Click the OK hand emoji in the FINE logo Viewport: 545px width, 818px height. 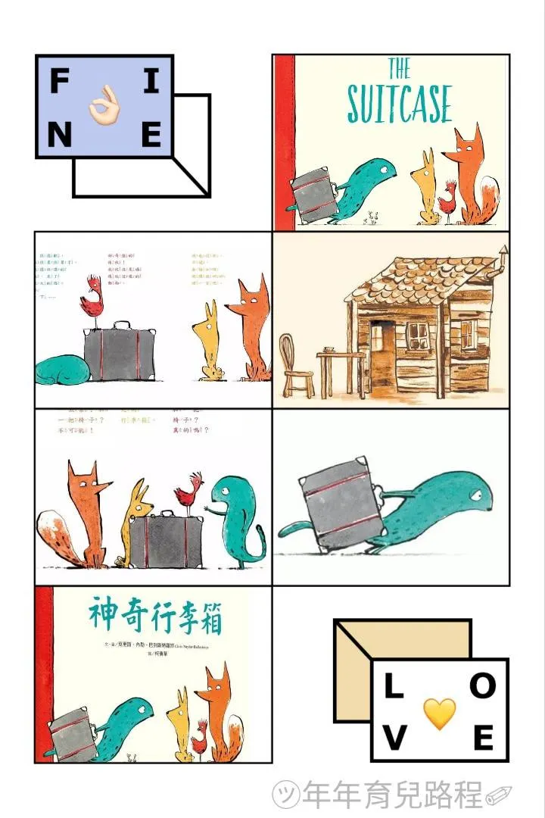click(x=104, y=108)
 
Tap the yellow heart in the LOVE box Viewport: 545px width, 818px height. click(x=439, y=713)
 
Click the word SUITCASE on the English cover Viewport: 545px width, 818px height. click(x=399, y=105)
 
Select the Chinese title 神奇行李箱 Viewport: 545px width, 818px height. click(x=156, y=616)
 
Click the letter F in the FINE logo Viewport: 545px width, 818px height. click(x=58, y=81)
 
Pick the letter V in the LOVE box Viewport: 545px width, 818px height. click(x=392, y=738)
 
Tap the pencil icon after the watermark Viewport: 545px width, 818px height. click(x=499, y=795)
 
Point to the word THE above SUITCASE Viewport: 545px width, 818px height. click(x=399, y=69)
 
